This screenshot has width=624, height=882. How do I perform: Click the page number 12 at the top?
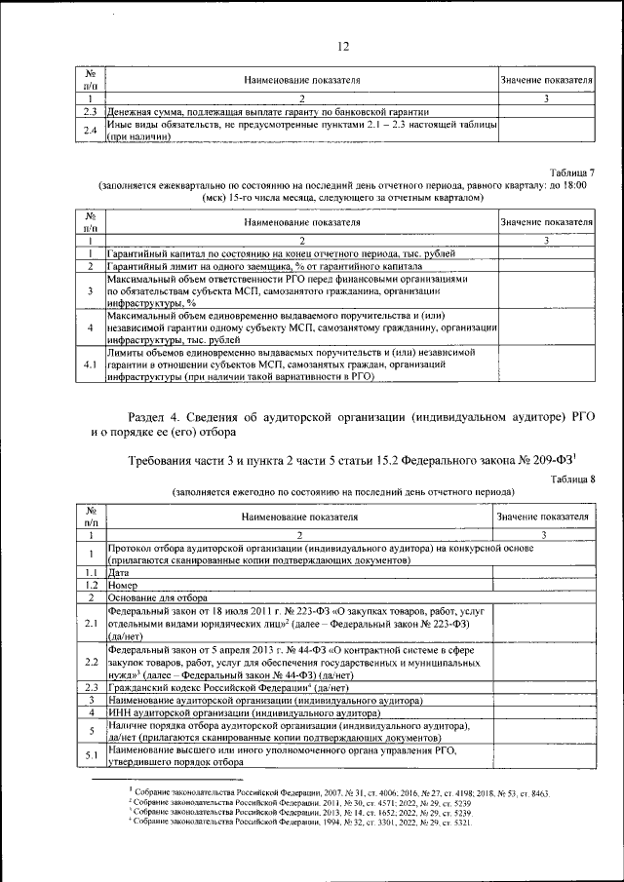tap(343, 46)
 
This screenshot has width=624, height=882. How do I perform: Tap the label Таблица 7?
tap(569, 172)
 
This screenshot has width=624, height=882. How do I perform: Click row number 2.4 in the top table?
tap(90, 131)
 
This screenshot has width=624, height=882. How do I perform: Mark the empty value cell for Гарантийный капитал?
tap(546, 252)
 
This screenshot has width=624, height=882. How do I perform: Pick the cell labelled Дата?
tap(120, 572)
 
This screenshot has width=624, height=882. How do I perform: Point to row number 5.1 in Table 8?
tap(90, 757)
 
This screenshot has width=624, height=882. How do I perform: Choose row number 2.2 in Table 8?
tap(90, 660)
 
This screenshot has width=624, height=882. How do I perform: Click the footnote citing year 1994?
tap(302, 823)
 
